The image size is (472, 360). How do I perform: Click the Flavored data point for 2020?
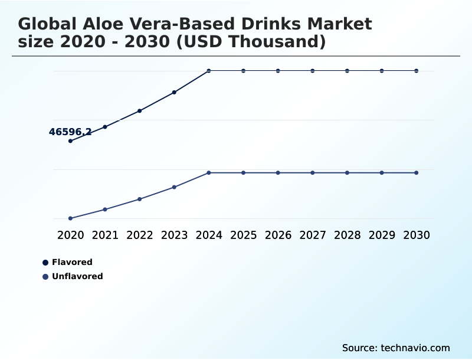70,141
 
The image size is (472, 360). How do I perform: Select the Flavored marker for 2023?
174,92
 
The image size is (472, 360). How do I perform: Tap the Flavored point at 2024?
209,71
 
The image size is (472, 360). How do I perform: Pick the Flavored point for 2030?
417,71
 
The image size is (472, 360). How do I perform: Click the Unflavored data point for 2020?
70,218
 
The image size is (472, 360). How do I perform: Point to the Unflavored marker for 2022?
140,199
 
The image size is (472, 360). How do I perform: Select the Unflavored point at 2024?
209,173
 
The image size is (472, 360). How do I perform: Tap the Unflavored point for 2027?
313,173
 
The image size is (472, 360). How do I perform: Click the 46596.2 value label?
70,132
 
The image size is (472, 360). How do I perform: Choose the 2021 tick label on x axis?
105,235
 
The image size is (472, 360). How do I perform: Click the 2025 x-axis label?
243,235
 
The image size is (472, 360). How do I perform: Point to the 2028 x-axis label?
347,235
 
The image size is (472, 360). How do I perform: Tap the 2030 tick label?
417,235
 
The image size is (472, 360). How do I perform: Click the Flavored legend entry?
71,263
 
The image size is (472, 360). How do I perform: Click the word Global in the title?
47,24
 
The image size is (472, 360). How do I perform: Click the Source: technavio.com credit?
396,348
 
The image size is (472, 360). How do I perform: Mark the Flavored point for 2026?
278,71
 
